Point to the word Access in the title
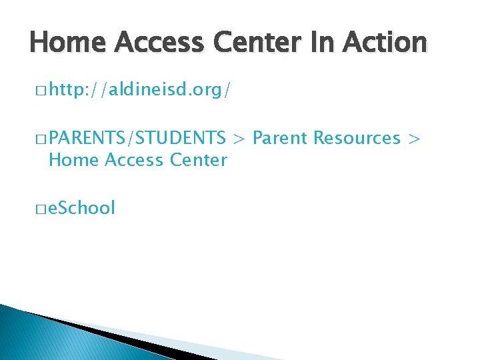pos(153,43)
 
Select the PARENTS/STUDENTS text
pos(137,138)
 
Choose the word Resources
pos(357,138)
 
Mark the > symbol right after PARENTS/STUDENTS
pos(239,139)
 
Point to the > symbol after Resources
pos(415,139)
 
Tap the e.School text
pos(82,208)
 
